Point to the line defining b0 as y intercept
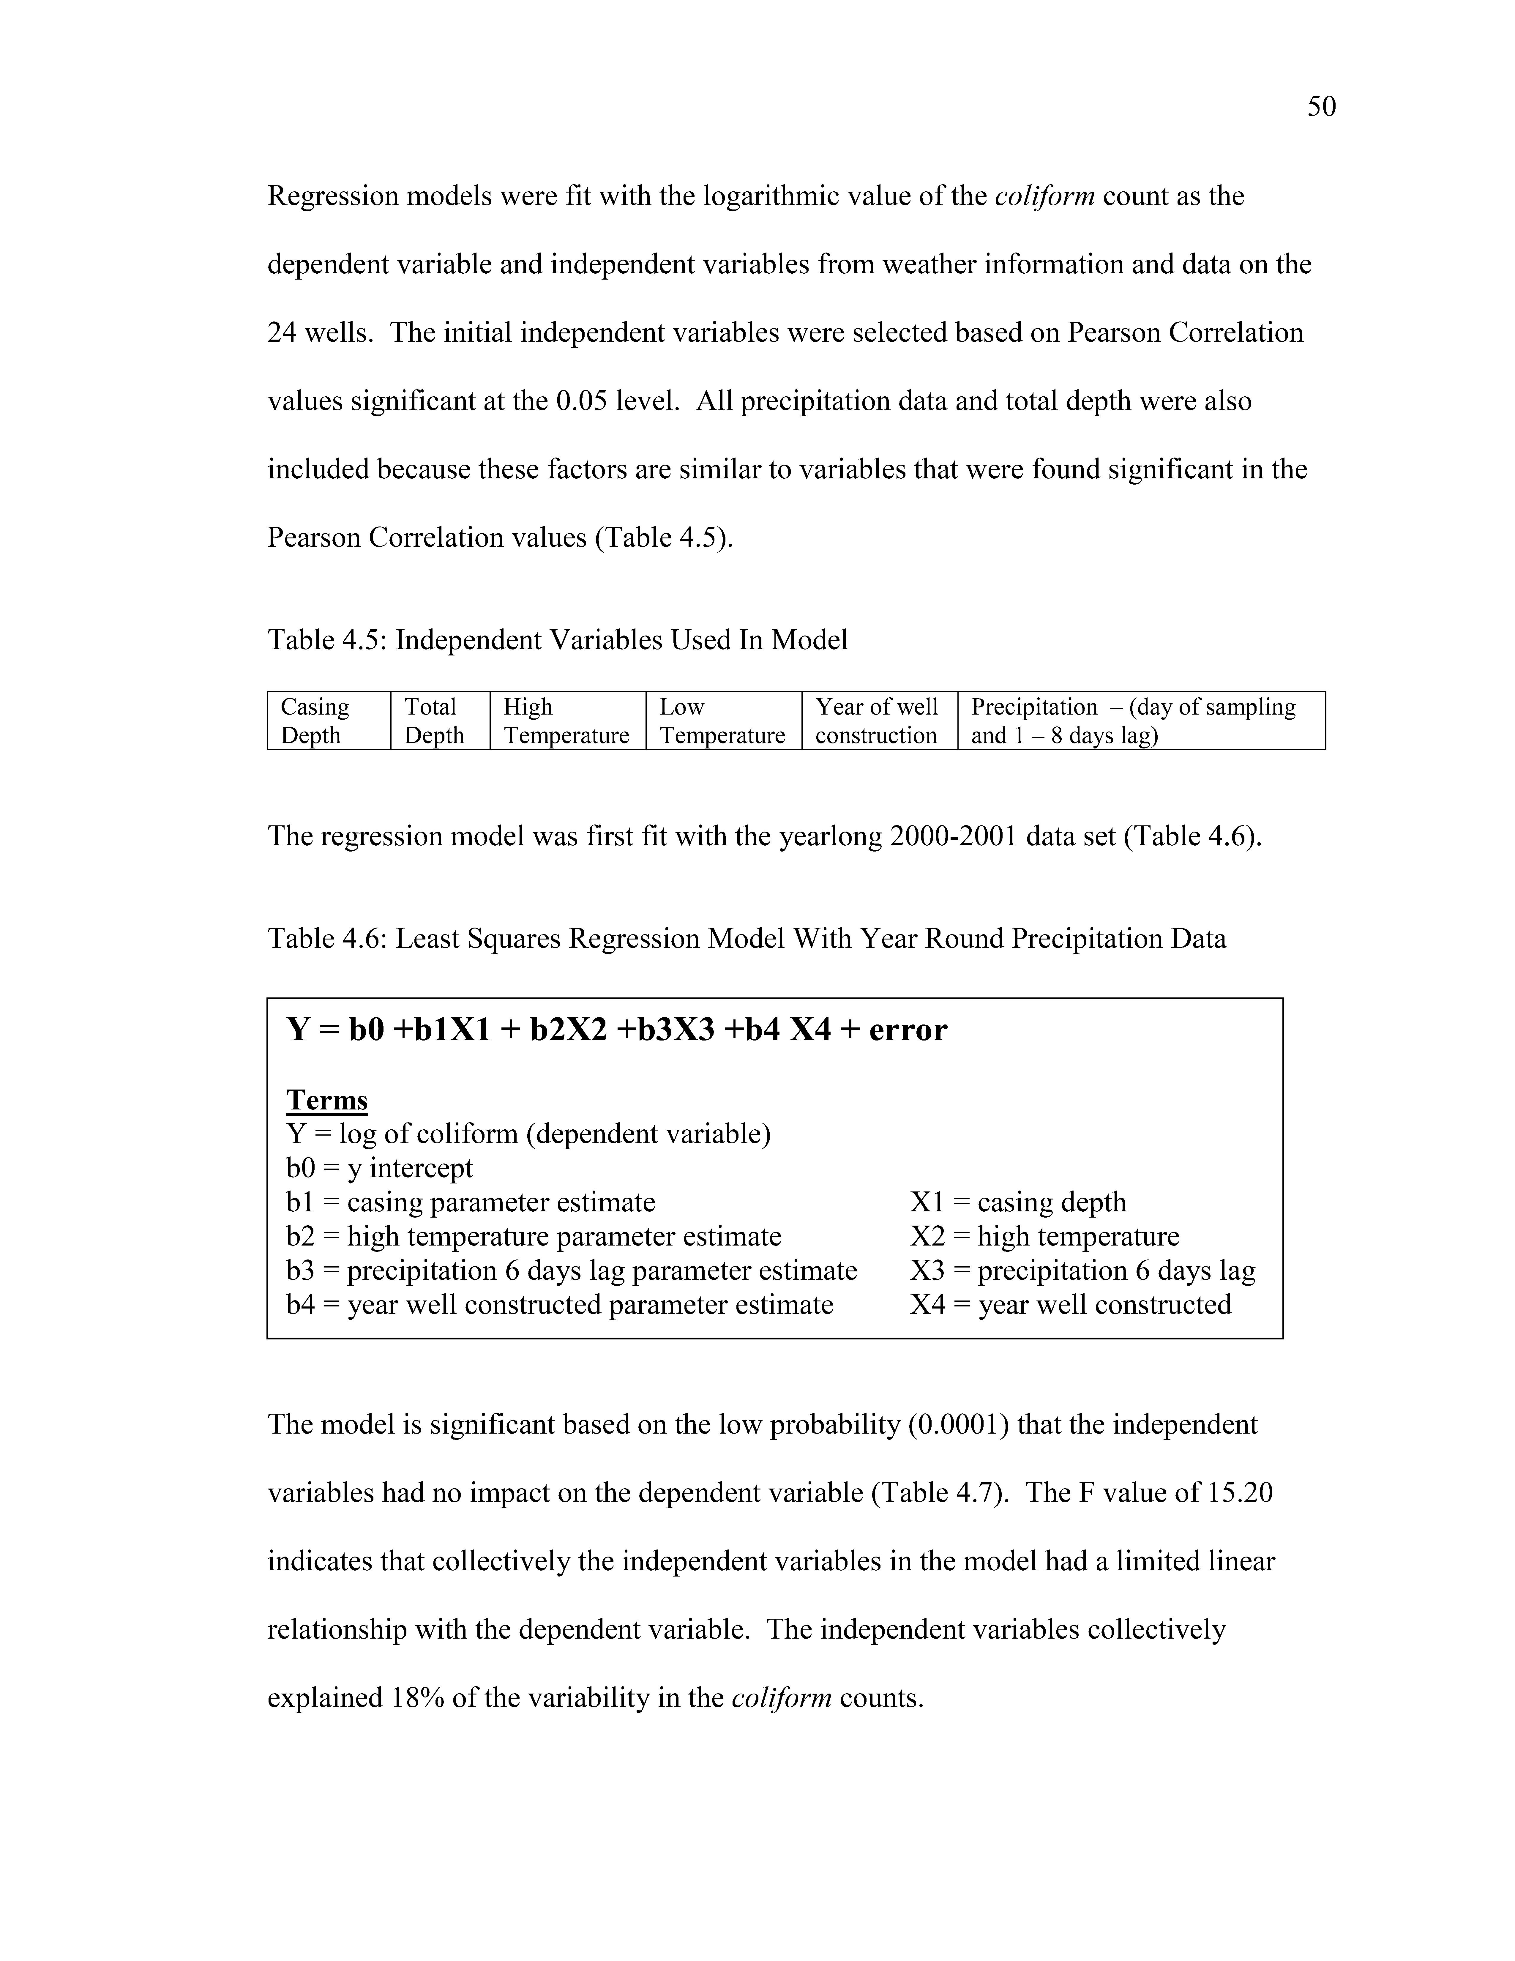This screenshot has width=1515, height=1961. pyautogui.click(x=379, y=1168)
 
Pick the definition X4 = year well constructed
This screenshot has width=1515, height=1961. pyautogui.click(x=1070, y=1305)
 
